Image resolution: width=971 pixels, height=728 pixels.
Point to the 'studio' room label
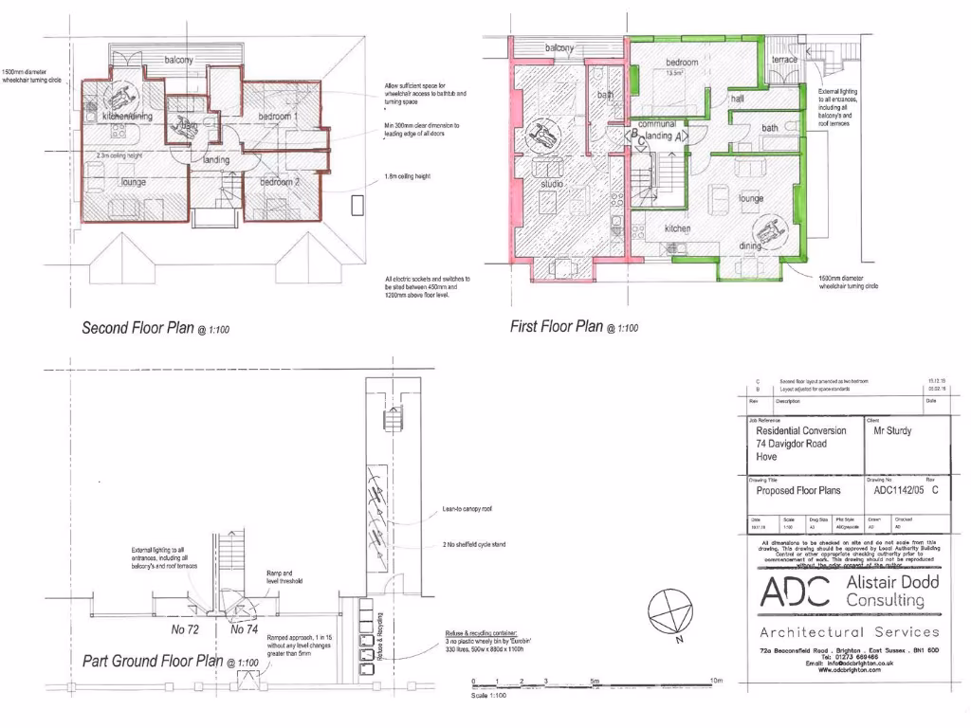(554, 184)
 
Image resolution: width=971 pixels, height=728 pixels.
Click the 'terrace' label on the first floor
(785, 59)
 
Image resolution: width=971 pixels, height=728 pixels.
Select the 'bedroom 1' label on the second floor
(279, 116)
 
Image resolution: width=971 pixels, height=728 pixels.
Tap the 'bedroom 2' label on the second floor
(280, 181)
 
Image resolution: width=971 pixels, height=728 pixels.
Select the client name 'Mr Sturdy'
(893, 429)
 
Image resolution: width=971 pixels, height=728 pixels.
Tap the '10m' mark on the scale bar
(716, 682)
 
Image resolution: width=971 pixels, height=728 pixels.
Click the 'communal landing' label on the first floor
(656, 131)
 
